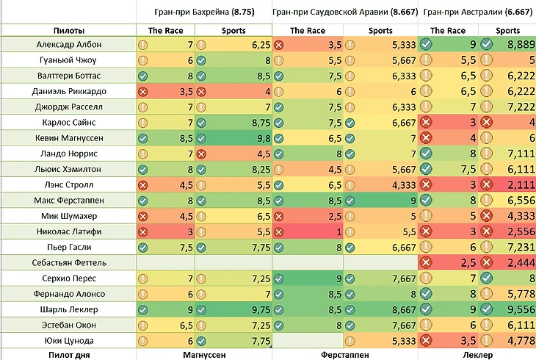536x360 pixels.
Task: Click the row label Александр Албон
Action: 68,45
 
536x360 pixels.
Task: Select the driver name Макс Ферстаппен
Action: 68,200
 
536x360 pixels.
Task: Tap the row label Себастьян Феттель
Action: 68,262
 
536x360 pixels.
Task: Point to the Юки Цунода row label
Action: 68,340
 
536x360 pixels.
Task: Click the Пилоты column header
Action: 68,30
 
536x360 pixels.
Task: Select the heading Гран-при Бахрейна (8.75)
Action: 203,12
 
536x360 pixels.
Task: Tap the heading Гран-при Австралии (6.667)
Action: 478,12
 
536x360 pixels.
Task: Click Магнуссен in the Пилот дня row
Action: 203,354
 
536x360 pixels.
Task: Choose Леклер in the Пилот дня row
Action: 478,354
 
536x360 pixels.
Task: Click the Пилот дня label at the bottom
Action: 68,354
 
